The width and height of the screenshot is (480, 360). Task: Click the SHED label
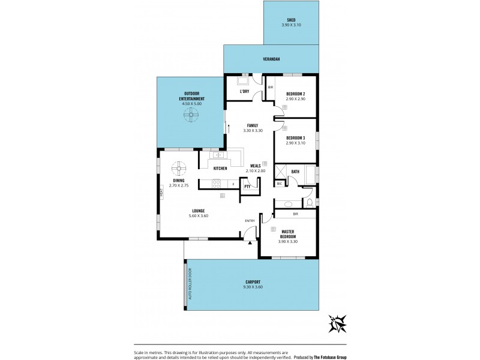tap(292, 20)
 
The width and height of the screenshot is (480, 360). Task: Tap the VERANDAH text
tap(271, 59)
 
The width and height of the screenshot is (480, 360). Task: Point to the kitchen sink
tap(219, 155)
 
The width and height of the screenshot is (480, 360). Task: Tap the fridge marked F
tap(233, 184)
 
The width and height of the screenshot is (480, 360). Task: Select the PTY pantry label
tap(247, 187)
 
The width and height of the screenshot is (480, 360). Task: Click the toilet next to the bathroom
tap(310, 203)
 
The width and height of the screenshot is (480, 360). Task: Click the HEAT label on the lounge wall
tap(161, 193)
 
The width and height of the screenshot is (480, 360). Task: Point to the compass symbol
tap(338, 324)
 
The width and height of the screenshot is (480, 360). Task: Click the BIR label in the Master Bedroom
tap(295, 214)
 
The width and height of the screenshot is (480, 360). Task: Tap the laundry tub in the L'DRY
tap(244, 80)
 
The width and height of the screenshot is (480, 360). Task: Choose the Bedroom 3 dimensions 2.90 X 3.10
tap(296, 143)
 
